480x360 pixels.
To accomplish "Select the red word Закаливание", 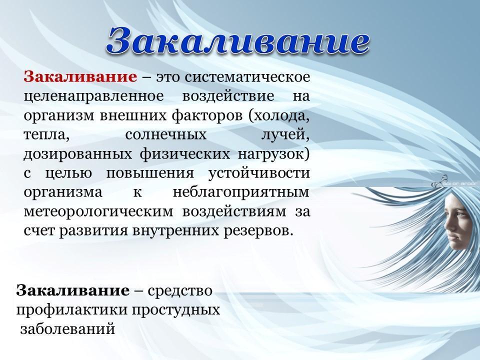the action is coord(80,76).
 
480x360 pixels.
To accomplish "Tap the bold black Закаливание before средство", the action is coord(73,290).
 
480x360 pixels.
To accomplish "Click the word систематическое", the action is coord(247,76).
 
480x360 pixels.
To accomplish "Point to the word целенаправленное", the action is coord(94,96).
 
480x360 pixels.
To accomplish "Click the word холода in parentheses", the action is coord(279,116).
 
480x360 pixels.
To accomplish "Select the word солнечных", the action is coord(166,135).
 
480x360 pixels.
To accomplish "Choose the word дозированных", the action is coord(78,154).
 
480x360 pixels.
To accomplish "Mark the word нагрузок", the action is coord(270,154).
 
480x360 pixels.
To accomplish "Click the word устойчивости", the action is coord(259,173).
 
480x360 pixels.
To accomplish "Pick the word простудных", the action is coord(176,309).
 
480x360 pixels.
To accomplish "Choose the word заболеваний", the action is coord(67,329).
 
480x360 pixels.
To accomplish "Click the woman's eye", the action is coord(458,213).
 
